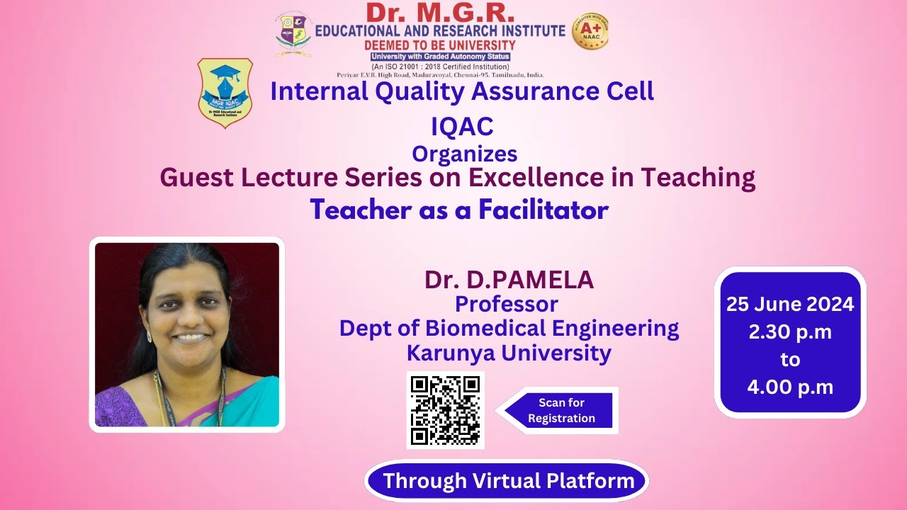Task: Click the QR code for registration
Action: pos(445,410)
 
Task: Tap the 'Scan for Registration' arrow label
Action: pos(560,410)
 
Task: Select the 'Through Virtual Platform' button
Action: pos(508,482)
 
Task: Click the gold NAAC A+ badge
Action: pos(590,32)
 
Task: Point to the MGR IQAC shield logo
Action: pos(225,93)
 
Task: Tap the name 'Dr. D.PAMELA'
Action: pos(509,280)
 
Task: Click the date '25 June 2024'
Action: pos(790,305)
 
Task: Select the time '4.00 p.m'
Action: pos(790,387)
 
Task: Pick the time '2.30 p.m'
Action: pos(790,331)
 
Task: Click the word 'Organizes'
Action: pos(464,154)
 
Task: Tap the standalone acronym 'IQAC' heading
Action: pos(462,126)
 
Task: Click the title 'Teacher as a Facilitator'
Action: pos(459,210)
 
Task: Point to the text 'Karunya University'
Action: pos(509,352)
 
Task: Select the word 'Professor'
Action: pos(506,304)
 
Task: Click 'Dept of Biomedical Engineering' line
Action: pos(509,328)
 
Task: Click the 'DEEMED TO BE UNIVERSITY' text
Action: pos(440,45)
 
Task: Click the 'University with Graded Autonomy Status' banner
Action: pos(440,57)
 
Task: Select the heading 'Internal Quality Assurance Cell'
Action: pos(462,91)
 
